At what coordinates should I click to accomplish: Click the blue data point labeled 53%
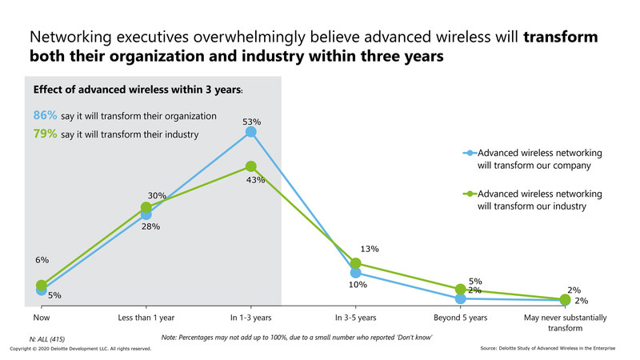tap(251, 131)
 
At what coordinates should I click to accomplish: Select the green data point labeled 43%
tap(251, 166)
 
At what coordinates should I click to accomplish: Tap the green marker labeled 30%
tap(146, 208)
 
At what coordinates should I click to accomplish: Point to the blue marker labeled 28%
tap(146, 214)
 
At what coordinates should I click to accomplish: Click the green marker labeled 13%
tap(356, 263)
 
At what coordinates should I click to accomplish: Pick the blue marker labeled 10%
tap(356, 273)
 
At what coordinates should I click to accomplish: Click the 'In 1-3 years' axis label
tap(250, 318)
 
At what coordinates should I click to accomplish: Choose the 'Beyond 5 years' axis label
tap(460, 318)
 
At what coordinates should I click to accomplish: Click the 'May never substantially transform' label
tap(565, 322)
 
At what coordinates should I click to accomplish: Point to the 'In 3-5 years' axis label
tap(356, 318)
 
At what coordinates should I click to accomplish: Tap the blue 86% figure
tap(44, 115)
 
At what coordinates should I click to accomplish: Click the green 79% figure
tap(44, 134)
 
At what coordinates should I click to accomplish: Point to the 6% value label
tap(42, 260)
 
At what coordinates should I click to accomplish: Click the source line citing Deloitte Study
tap(556, 350)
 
